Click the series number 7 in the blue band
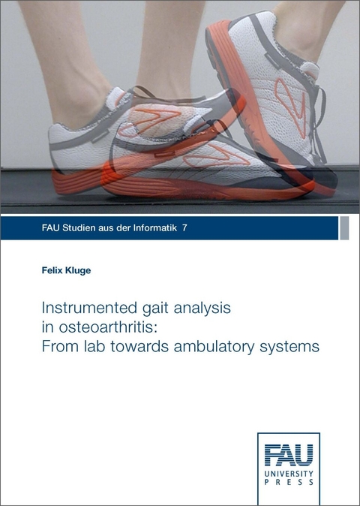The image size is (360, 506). pos(185,227)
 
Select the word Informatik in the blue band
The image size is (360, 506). pos(154,227)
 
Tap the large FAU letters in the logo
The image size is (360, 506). pos(289,455)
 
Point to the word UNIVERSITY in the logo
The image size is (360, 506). pos(289,475)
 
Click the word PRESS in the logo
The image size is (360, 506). pos(289,484)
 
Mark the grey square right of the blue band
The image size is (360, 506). pos(344,227)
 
